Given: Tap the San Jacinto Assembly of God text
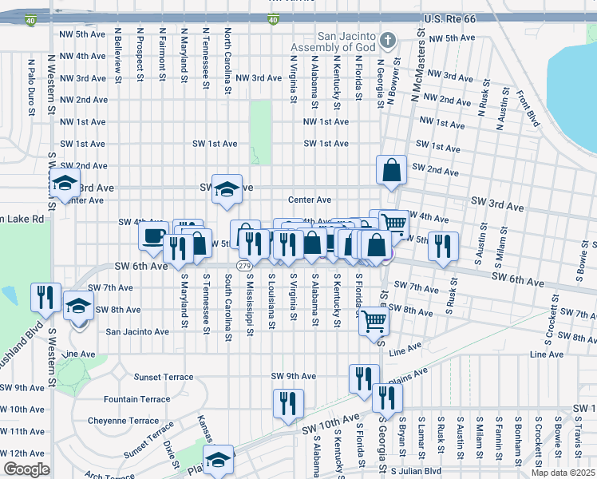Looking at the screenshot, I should pyautogui.click(x=345, y=42).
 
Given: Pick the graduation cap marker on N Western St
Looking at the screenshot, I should pyautogui.click(x=65, y=184).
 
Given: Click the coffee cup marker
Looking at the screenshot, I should pyautogui.click(x=153, y=235).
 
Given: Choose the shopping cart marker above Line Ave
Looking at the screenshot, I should pyautogui.click(x=374, y=322).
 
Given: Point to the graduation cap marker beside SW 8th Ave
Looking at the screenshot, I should pyautogui.click(x=78, y=307).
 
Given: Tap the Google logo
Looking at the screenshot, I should pyautogui.click(x=26, y=469).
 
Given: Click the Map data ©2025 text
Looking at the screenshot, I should pyautogui.click(x=563, y=473).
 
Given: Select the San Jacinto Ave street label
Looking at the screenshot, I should pyautogui.click(x=137, y=331).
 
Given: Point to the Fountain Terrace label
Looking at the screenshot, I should pyautogui.click(x=136, y=399).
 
